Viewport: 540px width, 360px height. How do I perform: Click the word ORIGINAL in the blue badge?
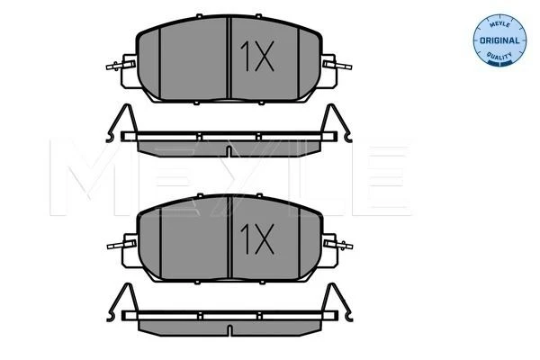(499, 40)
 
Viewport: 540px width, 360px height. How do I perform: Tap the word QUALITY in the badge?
(499, 55)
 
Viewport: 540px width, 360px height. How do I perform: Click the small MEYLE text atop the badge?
(499, 25)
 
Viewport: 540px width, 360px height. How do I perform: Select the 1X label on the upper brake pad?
(257, 56)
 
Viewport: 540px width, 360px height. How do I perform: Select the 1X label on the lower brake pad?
(257, 238)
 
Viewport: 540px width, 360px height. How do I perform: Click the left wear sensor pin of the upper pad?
(121, 65)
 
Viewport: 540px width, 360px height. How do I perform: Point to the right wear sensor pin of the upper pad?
(337, 65)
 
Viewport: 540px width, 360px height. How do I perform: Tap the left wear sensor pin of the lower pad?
(121, 245)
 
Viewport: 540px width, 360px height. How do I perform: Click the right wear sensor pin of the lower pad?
(337, 245)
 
